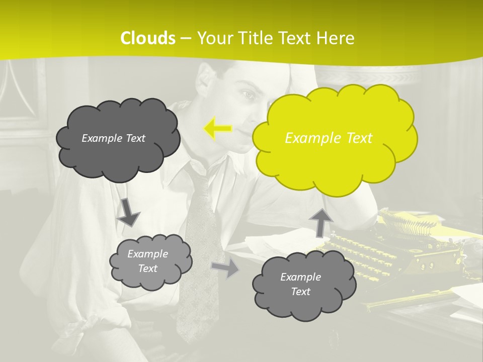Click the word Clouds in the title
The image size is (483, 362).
148,38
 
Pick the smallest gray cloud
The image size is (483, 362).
150,261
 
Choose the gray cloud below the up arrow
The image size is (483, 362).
304,285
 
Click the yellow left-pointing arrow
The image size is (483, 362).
218,129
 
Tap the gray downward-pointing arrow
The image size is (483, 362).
128,212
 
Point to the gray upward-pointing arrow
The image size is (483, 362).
320,222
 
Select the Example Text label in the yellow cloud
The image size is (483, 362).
329,138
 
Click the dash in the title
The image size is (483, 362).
186,39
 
